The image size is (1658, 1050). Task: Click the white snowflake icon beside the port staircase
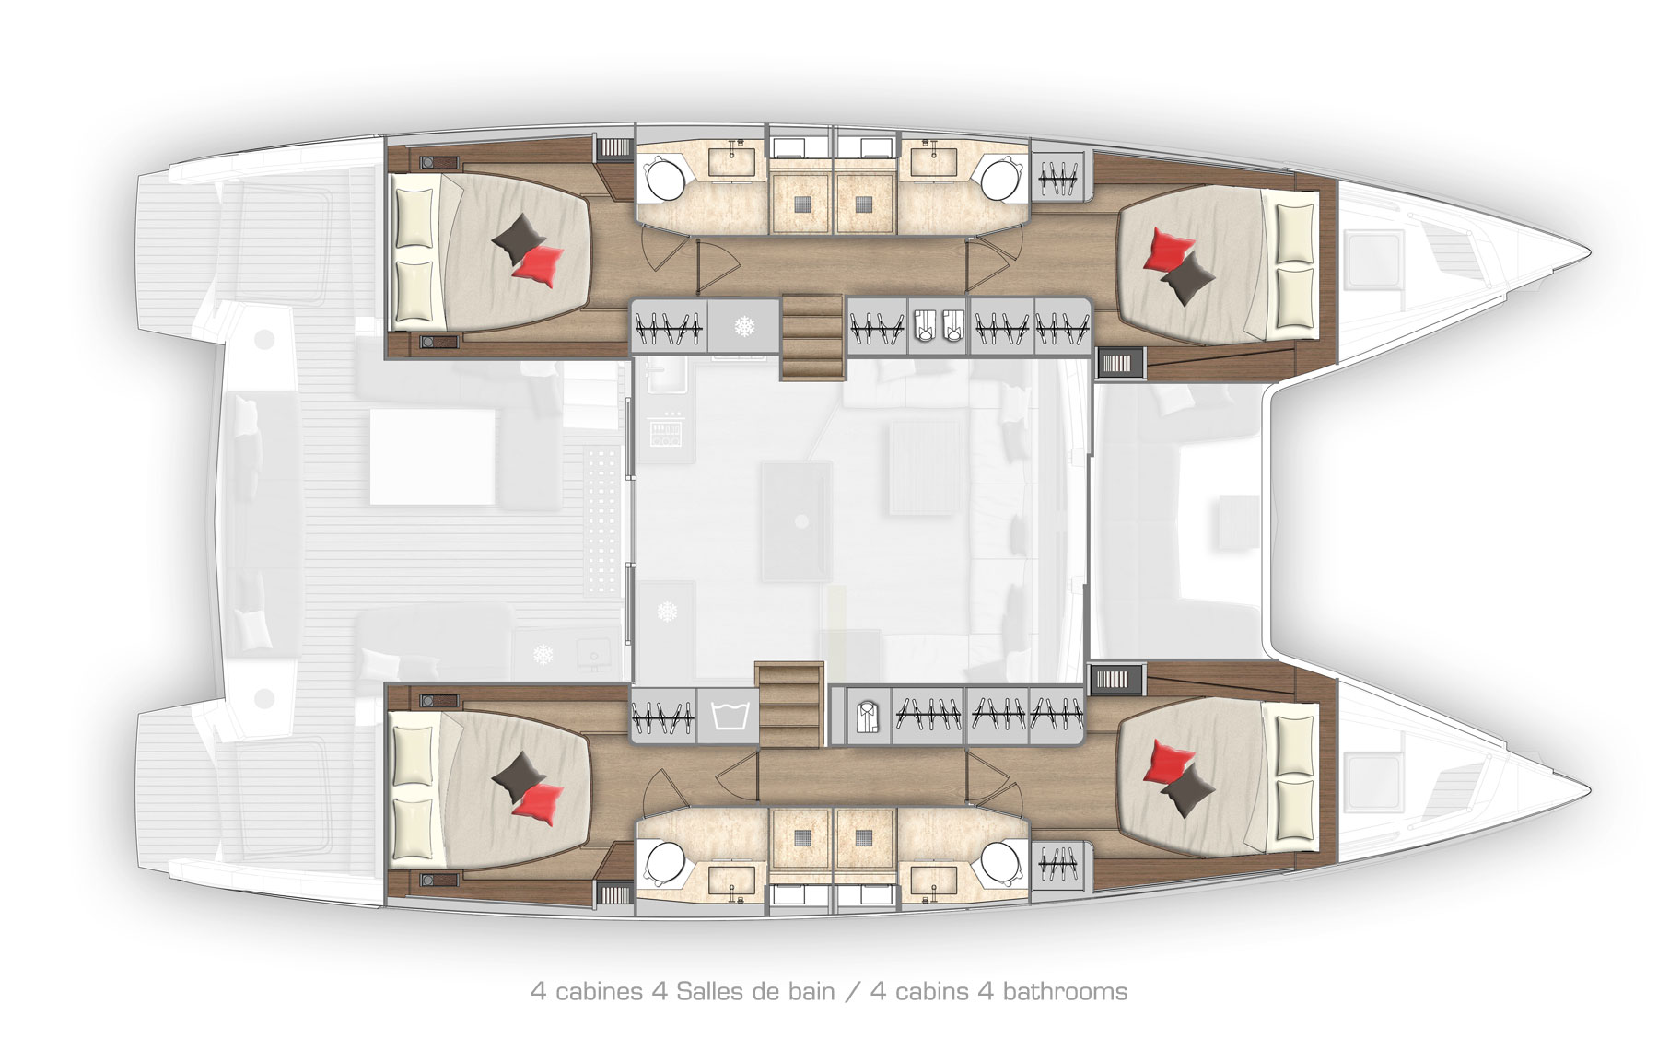743,326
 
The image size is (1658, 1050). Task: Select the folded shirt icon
865,716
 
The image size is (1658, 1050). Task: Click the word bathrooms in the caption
1065,991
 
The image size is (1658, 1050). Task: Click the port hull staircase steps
812,337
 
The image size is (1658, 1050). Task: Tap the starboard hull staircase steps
788,704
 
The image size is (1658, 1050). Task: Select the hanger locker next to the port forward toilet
1059,175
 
